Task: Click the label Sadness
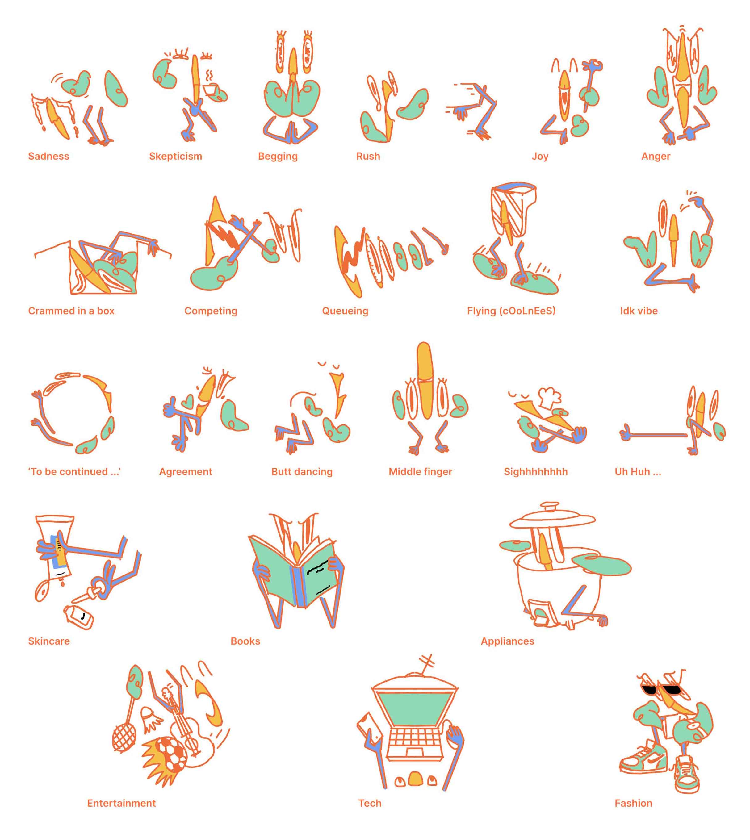pos(48,156)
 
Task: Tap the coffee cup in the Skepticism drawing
pos(211,90)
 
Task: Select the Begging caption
pos(278,157)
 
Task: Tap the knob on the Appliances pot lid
pos(550,506)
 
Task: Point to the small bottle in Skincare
pos(78,617)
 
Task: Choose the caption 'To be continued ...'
pos(74,472)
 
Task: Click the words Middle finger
pos(420,472)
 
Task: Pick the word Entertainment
pos(121,803)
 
